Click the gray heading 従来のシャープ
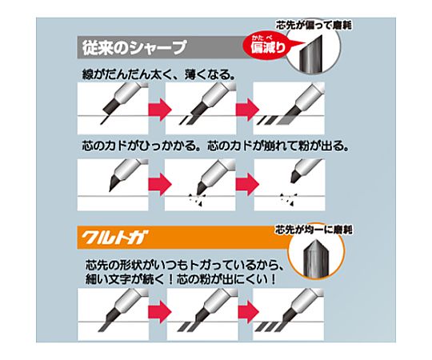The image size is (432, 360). tap(134, 47)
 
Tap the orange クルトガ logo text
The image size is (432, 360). tap(114, 238)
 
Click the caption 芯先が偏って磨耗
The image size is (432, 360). tap(314, 26)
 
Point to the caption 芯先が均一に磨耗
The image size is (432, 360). tap(314, 230)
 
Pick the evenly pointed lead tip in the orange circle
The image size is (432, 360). tap(315, 258)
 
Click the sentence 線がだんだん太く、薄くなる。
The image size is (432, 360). tap(158, 74)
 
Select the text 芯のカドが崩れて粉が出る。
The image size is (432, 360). tap(278, 146)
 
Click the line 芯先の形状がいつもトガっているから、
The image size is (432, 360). tap(184, 266)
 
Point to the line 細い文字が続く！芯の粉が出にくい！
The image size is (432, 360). tap(181, 279)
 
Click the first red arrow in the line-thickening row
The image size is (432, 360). tap(160, 110)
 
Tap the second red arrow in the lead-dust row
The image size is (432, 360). tap(247, 183)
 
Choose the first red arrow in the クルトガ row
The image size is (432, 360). tap(160, 312)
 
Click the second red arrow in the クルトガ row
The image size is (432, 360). tap(249, 312)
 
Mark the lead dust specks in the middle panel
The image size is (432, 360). tap(198, 200)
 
